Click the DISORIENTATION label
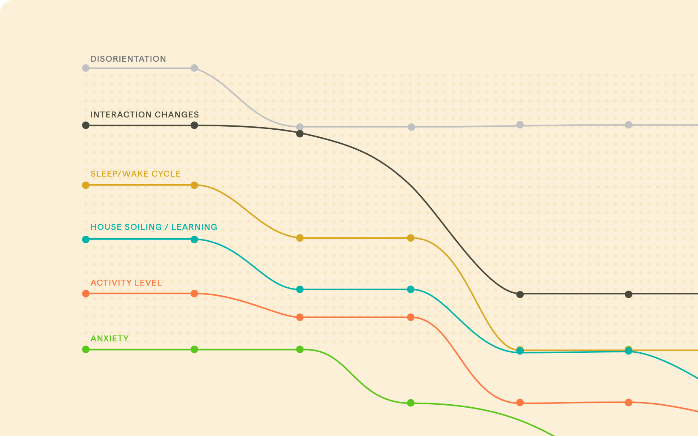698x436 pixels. point(128,59)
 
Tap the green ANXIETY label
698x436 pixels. point(110,338)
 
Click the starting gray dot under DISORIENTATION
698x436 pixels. point(86,68)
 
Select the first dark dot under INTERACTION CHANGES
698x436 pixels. point(86,125)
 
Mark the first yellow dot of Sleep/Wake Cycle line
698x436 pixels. point(86,185)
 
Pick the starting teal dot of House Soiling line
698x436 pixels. point(86,240)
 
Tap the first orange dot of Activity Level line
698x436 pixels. point(86,294)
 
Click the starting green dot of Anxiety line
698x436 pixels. point(86,349)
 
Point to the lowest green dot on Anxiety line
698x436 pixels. point(410,403)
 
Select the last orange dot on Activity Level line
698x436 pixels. point(629,402)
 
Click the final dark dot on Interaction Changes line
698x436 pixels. point(629,294)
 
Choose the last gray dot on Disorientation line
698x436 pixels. point(629,125)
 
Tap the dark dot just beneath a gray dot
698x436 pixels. point(300,134)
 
